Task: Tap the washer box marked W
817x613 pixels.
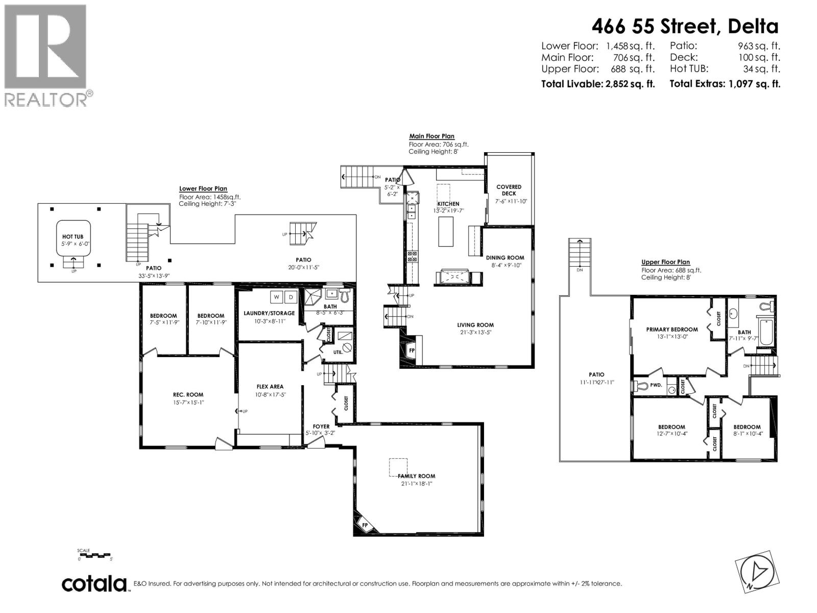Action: pyautogui.click(x=276, y=297)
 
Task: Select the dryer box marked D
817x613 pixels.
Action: pyautogui.click(x=291, y=297)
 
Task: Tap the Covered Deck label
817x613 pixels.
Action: pyautogui.click(x=509, y=190)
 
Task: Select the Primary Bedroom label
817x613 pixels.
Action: pyautogui.click(x=671, y=329)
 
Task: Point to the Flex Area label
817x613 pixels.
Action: pyautogui.click(x=270, y=387)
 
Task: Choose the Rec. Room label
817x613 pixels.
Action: pyautogui.click(x=188, y=394)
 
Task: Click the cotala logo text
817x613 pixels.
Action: pyautogui.click(x=94, y=583)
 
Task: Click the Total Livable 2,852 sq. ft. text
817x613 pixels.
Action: pyautogui.click(x=597, y=84)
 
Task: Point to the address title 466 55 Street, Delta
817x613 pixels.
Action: pyautogui.click(x=685, y=26)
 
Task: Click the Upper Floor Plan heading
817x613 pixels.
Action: pyautogui.click(x=665, y=262)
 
